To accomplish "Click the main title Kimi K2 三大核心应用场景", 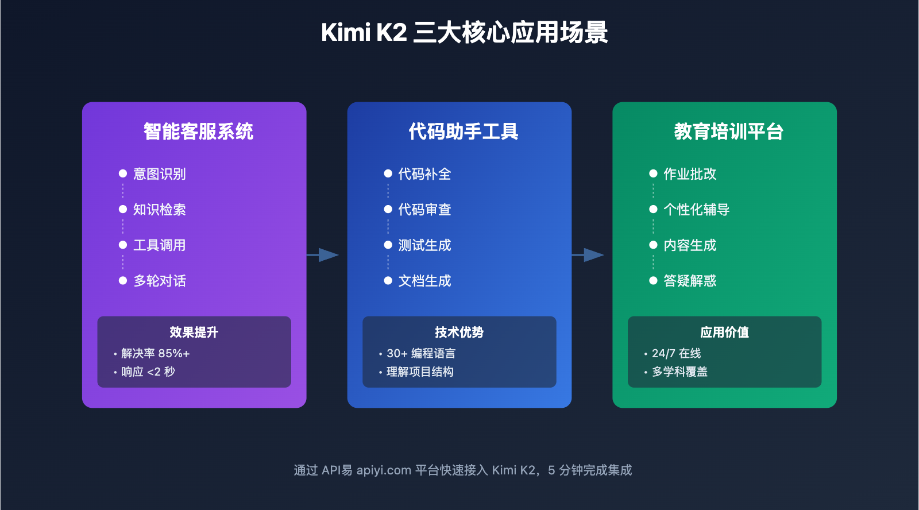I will pos(464,33).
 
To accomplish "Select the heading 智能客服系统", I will pos(198,132).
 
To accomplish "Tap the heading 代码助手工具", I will pos(464,132).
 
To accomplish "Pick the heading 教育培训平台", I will pos(728,132).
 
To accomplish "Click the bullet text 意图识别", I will pos(159,174).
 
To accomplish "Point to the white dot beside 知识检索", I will pos(122,210).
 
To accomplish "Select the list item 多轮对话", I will pos(159,281).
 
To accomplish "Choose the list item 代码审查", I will pos(424,210).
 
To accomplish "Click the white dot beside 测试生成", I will pos(388,245).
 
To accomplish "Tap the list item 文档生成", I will pos(424,281).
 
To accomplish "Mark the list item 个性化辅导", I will pos(696,210).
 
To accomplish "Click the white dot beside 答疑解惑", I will pos(653,281).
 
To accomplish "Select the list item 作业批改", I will pos(690,174).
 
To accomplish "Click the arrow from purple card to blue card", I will pos(323,254).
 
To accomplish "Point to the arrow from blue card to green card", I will pos(589,254).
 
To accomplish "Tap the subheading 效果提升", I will pos(194,333).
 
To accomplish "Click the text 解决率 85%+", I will pos(155,353).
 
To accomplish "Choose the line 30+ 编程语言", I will pos(420,353).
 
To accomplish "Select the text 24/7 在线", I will pos(676,353).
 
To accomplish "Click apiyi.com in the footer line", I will pos(384,470).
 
